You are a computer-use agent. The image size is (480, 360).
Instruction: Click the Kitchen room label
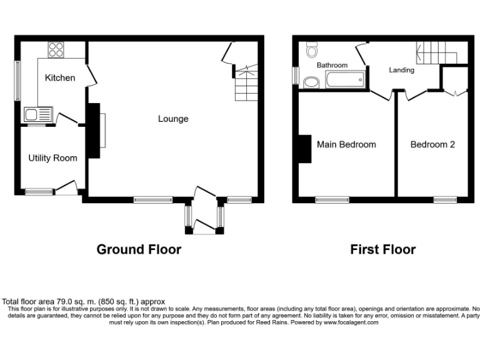60,78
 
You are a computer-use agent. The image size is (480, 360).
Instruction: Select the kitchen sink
31,114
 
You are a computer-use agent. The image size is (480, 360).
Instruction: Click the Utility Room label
52,158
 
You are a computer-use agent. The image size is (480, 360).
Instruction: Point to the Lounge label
173,119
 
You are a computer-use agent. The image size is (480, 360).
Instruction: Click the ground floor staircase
245,84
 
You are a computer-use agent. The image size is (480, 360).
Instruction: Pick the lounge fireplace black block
93,131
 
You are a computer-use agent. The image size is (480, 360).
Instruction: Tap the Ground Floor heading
139,250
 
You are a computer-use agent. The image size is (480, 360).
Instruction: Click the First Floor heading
382,250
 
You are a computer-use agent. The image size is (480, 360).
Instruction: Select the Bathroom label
332,65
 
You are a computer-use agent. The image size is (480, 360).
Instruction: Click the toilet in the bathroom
312,49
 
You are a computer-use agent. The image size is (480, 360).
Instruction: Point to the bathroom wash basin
310,82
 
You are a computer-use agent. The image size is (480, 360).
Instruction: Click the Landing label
401,70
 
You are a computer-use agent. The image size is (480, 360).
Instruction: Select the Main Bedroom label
346,144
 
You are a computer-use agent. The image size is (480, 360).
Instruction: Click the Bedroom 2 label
432,144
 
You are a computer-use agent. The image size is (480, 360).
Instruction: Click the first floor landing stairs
437,52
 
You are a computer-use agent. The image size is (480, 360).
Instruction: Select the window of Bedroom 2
445,200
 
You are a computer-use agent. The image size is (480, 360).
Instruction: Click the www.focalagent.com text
351,322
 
